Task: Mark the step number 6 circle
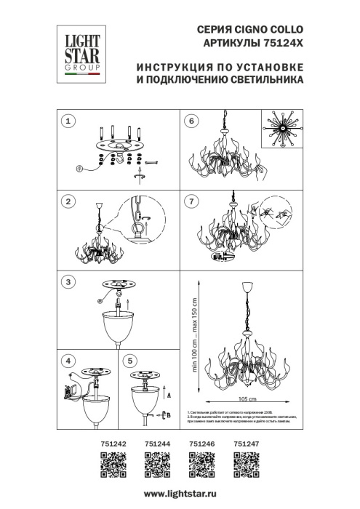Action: click(x=191, y=121)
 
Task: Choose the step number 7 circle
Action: click(x=191, y=201)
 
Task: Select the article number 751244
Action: click(x=157, y=442)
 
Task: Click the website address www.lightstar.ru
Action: click(x=180, y=494)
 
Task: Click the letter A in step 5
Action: click(x=169, y=397)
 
